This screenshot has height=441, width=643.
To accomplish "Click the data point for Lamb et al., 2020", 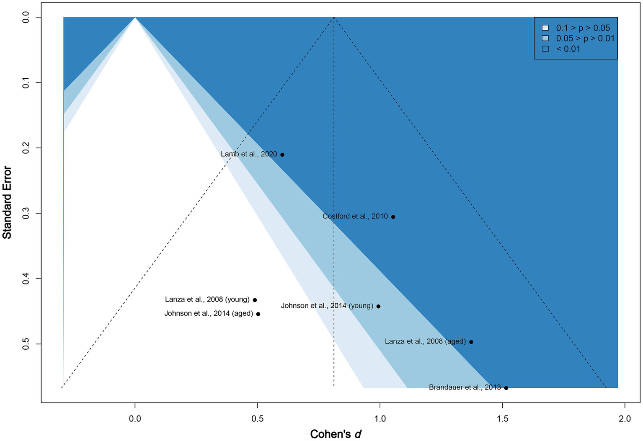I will tap(282, 155).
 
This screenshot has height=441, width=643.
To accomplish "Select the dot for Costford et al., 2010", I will tap(393, 217).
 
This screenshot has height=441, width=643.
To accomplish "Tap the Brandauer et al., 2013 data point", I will tap(506, 388).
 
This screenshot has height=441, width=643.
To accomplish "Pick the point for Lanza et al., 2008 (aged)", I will tap(471, 342).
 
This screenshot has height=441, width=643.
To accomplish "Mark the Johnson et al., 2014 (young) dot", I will tap(378, 306).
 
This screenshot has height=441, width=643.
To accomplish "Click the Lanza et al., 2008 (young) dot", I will tap(255, 300).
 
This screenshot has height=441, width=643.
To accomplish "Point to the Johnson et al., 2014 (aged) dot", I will tap(258, 314).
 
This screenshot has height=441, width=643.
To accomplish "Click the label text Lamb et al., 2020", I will tap(249, 154).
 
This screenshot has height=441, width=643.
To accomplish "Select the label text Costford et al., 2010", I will tap(355, 217).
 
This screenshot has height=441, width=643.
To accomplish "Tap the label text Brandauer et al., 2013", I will tap(465, 387).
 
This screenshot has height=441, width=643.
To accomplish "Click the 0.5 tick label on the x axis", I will tap(257, 418).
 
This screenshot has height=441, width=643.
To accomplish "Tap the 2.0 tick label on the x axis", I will tap(625, 418).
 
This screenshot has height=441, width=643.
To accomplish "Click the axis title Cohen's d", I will tap(336, 434).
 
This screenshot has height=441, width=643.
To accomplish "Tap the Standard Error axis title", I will tap(7, 202).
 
